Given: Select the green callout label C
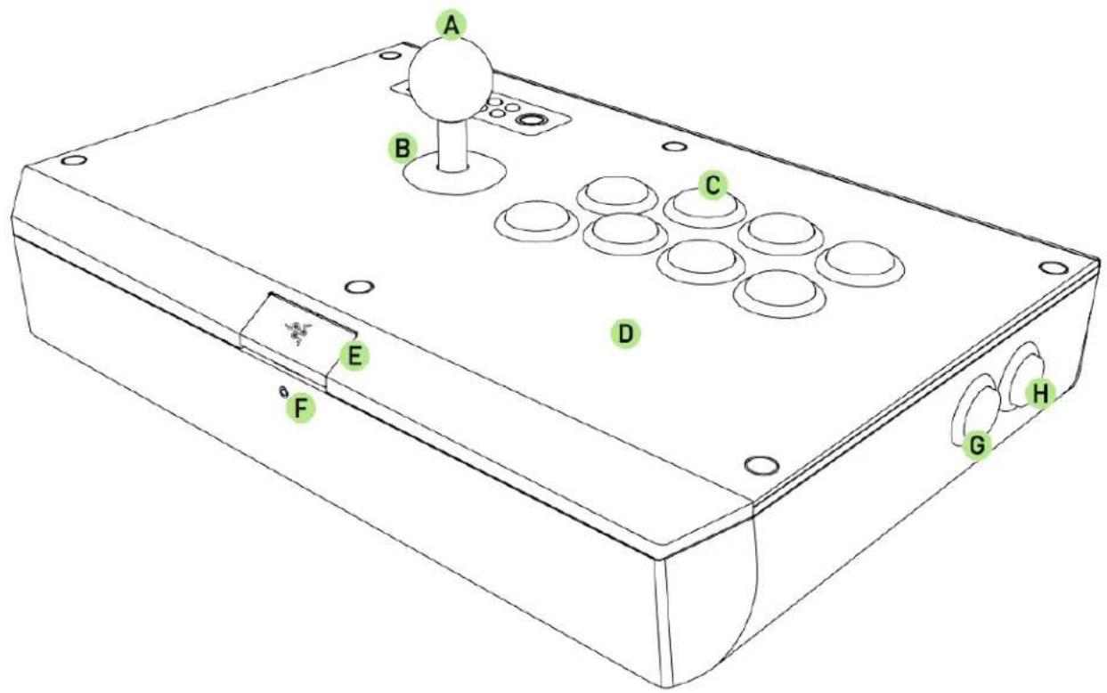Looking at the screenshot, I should point(712,184).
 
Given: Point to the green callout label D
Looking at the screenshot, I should point(625,334).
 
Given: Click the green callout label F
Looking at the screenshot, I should point(303,409).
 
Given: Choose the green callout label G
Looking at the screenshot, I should point(977,444).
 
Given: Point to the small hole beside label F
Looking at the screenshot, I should point(283,393).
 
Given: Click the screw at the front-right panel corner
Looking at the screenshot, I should point(759,465).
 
